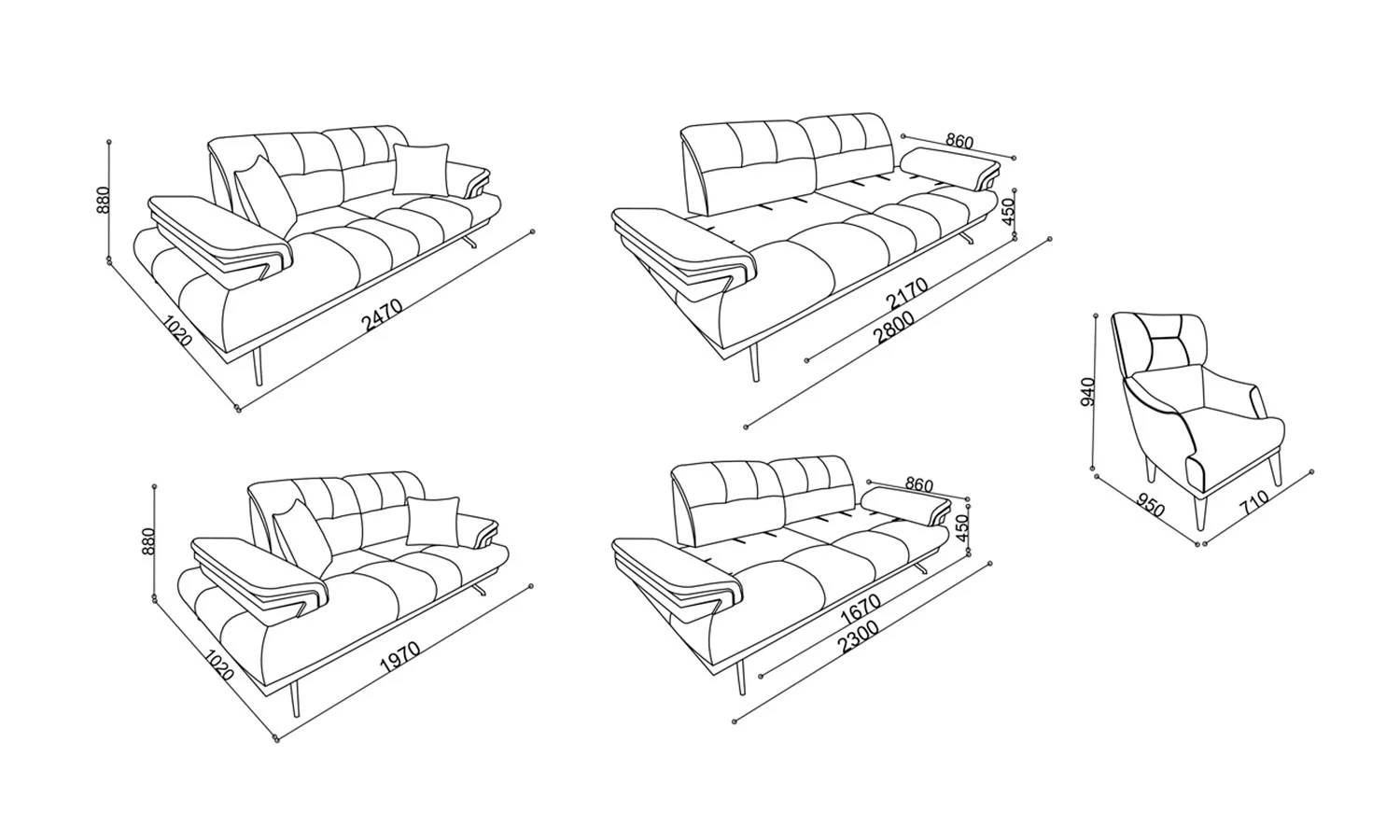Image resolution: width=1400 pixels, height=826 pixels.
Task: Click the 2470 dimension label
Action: click(x=382, y=315)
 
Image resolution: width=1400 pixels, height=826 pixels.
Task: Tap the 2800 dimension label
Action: click(x=894, y=327)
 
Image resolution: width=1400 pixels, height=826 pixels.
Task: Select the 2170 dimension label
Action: click(x=907, y=293)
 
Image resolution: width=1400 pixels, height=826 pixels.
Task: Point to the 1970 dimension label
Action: click(x=399, y=656)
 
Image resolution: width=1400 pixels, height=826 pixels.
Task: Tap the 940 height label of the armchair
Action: click(x=1088, y=392)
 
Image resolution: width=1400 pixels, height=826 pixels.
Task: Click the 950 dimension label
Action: click(x=1151, y=506)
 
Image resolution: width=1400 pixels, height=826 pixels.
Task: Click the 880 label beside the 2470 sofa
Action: click(x=103, y=200)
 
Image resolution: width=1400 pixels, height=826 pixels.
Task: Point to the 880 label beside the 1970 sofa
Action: click(x=148, y=542)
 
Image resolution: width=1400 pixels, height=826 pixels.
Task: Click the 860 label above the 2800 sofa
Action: click(x=959, y=141)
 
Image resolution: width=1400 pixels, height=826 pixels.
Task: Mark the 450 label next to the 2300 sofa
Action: click(x=962, y=528)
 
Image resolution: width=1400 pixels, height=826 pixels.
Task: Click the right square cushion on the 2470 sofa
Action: click(x=421, y=169)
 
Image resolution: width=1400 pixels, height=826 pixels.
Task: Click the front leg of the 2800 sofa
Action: click(x=754, y=362)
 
